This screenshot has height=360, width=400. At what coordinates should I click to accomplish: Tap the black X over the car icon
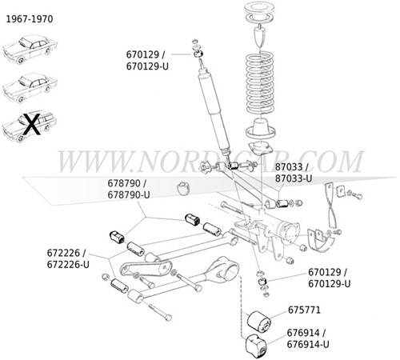(x=30, y=124)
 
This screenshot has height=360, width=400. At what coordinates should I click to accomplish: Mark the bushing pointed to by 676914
(x=257, y=346)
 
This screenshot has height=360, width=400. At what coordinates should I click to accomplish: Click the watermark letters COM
(x=329, y=161)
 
